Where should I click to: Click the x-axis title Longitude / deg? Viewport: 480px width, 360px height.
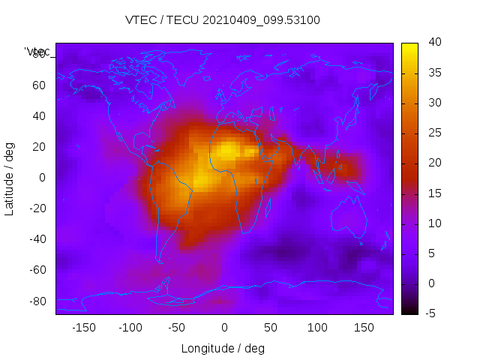coord(223,349)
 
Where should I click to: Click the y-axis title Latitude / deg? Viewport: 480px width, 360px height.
coord(10,178)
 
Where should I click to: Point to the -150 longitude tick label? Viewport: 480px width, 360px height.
coord(83,328)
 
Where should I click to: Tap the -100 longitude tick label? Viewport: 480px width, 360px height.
coord(130,328)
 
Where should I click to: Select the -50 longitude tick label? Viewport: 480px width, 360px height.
coord(177,328)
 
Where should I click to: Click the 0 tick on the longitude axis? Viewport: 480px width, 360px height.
coord(223,328)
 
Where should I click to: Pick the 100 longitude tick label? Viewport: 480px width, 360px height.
coord(317,328)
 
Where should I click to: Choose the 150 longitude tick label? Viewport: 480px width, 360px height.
coord(364,328)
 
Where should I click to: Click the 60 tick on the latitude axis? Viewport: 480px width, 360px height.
coord(38,85)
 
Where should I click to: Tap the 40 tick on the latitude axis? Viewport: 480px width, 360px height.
coord(38,116)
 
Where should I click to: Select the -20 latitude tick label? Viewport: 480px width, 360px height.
coord(36,208)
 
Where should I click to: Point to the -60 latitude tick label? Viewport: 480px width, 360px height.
coord(36,270)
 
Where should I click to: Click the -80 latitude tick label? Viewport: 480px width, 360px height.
coord(36,301)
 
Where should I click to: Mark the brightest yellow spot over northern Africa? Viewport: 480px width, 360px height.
coord(226,152)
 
